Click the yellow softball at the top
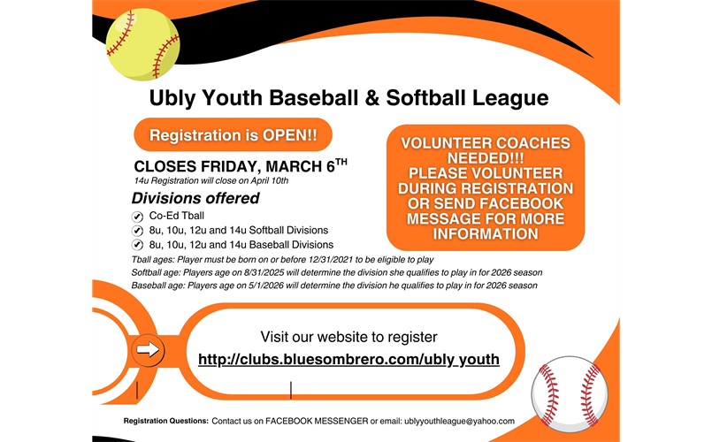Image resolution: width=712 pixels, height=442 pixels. pyautogui.click(x=142, y=44)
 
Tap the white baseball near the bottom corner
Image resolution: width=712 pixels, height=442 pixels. pyautogui.click(x=570, y=394)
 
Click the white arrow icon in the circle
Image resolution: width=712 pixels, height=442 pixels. pyautogui.click(x=148, y=349)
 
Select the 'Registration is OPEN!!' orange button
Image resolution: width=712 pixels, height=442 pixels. pyautogui.click(x=233, y=134)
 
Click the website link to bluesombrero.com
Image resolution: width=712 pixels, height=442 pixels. pyautogui.click(x=348, y=359)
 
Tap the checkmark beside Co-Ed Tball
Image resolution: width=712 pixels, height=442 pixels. pyautogui.click(x=137, y=217)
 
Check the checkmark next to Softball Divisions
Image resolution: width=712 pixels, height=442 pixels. pyautogui.click(x=137, y=231)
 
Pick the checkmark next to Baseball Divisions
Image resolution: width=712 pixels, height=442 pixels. pyautogui.click(x=137, y=245)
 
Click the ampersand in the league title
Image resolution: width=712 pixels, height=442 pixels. pyautogui.click(x=371, y=98)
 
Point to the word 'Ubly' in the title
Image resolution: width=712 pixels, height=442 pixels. pyautogui.click(x=173, y=98)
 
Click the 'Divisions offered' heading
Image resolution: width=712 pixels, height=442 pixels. pyautogui.click(x=195, y=198)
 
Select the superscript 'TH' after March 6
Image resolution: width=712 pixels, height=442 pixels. pyautogui.click(x=341, y=162)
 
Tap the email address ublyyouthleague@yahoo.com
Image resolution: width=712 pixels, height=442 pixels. pyautogui.click(x=460, y=421)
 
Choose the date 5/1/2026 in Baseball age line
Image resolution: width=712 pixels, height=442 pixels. pyautogui.click(x=264, y=286)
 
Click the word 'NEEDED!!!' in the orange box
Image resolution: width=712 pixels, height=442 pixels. pyautogui.click(x=486, y=158)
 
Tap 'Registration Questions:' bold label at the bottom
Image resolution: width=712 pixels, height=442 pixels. pyautogui.click(x=166, y=421)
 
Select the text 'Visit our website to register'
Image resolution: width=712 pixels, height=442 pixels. pyautogui.click(x=348, y=337)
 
